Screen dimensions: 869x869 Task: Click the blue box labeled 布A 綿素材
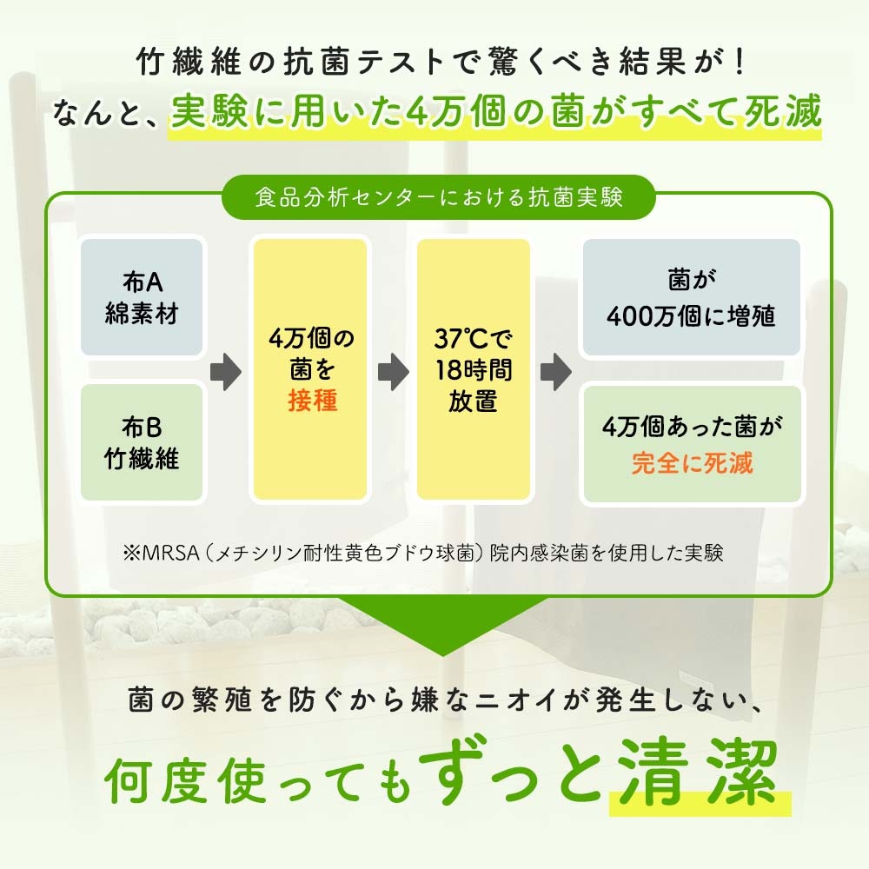coord(142,297)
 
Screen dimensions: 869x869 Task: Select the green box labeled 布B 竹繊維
coord(142,442)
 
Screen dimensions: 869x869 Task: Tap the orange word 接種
coord(312,400)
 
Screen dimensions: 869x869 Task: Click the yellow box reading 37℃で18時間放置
coord(474,369)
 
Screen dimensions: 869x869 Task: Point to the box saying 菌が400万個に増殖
coord(691,297)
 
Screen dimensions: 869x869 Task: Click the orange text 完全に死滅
coord(692,463)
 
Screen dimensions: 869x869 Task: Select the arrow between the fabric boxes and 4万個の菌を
coord(226,371)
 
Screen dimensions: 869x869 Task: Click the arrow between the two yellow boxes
coord(394,371)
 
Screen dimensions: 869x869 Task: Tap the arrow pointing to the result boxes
coord(556,371)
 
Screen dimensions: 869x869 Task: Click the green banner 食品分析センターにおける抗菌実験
coord(438,197)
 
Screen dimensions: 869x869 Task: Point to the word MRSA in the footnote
coord(170,553)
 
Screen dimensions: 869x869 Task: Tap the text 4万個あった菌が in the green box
coord(692,426)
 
